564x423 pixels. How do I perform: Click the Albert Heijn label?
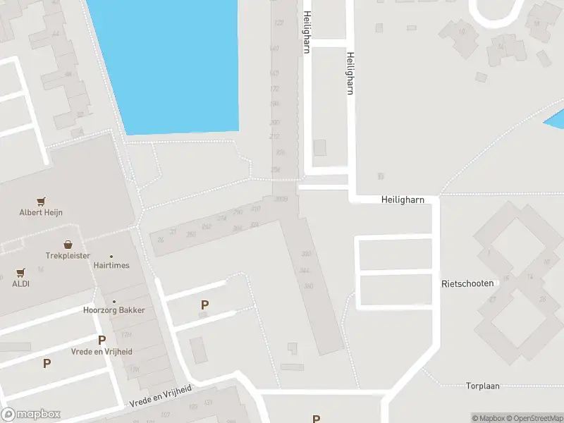41,212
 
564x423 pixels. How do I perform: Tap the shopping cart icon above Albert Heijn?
41,201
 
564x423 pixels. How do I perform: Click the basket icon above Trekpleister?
68,245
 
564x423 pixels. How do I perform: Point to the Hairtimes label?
111,266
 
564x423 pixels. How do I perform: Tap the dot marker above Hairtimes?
111,257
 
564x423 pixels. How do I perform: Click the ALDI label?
20,283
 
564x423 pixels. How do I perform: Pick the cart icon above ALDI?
20,272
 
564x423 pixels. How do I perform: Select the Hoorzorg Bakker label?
114,310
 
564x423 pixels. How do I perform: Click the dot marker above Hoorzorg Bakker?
114,301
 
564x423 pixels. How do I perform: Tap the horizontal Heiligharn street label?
403,200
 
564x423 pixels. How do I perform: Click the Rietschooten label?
467,283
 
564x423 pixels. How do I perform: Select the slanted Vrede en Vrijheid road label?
161,396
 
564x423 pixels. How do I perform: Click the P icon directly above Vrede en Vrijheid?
102,341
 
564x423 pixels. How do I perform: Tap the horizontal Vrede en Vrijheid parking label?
102,351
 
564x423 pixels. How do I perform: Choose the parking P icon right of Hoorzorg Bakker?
205,305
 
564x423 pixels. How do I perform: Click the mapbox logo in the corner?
31,415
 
